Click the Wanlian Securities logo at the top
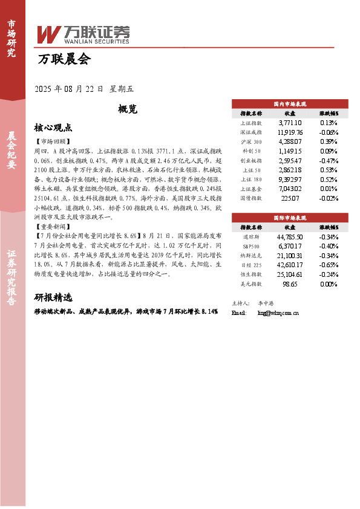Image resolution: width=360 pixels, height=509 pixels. point(83,34)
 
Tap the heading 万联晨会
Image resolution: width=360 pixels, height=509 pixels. point(64,60)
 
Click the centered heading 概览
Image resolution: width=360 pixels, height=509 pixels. point(128,109)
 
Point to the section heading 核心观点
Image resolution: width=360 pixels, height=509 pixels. point(53,128)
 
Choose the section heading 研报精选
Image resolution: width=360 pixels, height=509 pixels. point(53,297)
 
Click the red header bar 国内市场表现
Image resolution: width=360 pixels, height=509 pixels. point(290,104)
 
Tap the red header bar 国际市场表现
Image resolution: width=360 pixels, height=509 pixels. point(290,216)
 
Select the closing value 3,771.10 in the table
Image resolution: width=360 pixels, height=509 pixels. point(290,122)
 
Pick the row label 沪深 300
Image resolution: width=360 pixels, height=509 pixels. point(251,141)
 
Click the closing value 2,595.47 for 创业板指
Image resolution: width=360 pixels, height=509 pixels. point(290,161)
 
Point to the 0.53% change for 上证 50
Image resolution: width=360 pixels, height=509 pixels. point(329,170)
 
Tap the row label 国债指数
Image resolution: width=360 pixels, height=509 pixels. point(251,198)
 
